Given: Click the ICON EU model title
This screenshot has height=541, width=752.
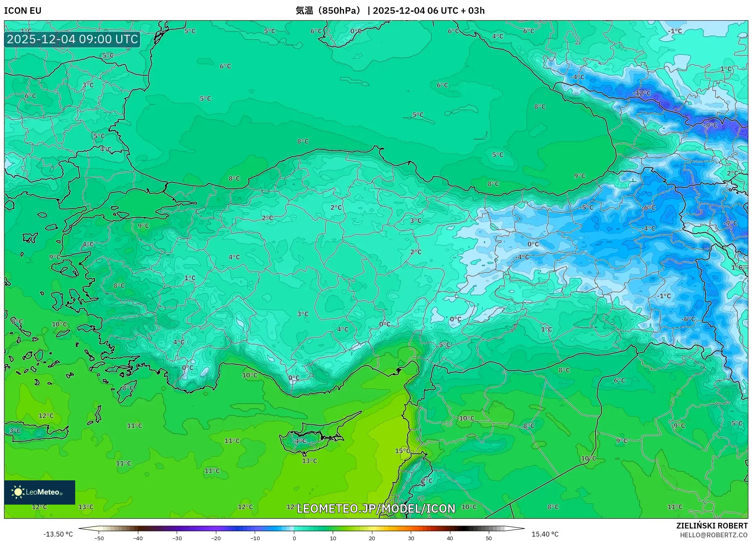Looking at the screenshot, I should (x=23, y=11).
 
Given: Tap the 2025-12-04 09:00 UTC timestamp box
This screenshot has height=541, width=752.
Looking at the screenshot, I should (x=72, y=39).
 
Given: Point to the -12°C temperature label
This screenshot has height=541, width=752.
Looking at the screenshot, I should (x=642, y=93).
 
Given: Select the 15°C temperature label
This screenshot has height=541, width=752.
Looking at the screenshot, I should (x=402, y=451).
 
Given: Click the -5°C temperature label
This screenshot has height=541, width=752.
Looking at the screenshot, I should (x=587, y=207).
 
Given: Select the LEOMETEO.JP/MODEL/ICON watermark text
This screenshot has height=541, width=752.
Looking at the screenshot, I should (x=376, y=509).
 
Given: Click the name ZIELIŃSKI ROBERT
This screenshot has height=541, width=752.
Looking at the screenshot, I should (x=712, y=526).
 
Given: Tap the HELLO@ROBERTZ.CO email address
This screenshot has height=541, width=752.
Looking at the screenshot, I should (x=714, y=535).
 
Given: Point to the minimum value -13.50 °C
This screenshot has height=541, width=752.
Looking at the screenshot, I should (x=58, y=534).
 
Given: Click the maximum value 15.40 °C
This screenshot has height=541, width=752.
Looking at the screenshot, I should (x=545, y=534).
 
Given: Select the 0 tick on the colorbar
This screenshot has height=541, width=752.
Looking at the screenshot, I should (x=294, y=538).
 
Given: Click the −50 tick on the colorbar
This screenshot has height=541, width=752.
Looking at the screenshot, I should (x=99, y=538).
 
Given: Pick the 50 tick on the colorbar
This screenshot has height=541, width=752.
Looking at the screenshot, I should (x=489, y=538).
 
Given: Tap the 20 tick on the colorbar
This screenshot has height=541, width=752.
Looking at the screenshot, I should (x=372, y=538).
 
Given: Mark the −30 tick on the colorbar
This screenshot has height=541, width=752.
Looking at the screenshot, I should (x=177, y=538).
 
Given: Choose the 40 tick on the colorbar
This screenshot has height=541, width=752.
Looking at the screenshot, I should (x=450, y=538).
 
